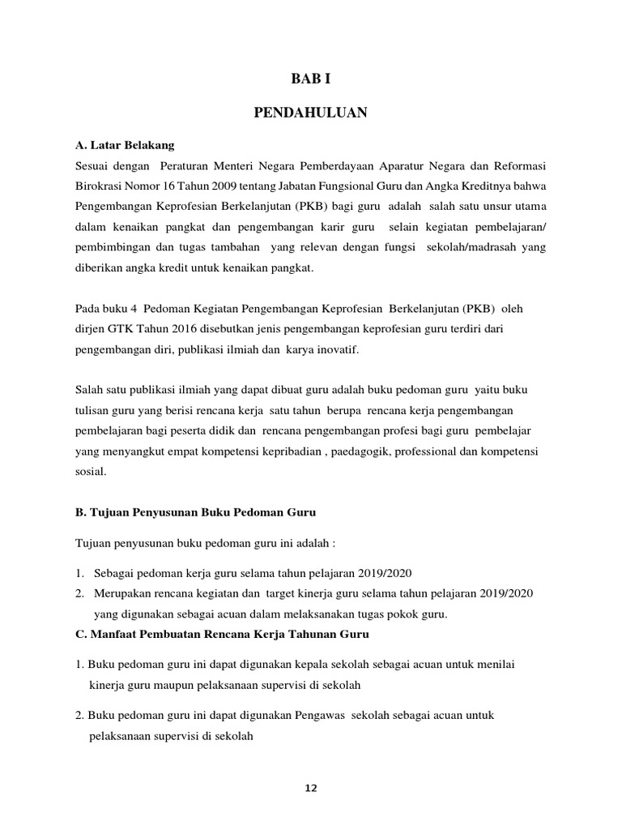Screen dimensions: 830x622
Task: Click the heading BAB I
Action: (x=311, y=79)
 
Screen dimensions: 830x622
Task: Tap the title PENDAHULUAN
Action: (x=310, y=113)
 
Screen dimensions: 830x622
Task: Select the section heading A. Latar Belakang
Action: (x=124, y=146)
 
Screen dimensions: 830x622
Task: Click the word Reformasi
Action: (x=517, y=166)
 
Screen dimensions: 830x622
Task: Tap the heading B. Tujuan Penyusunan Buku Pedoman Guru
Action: (x=195, y=512)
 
